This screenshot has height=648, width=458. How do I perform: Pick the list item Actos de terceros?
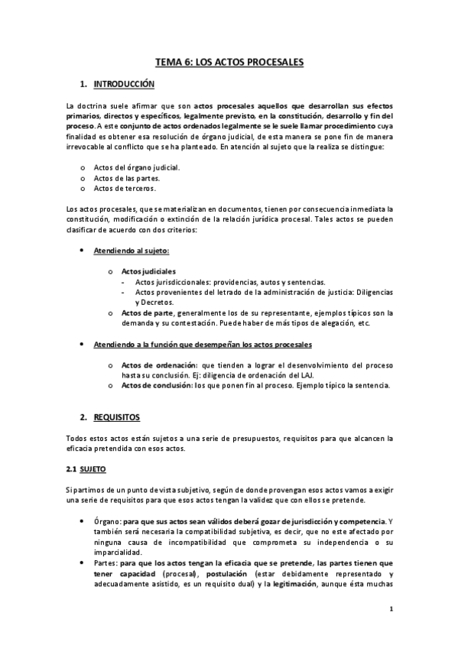click(124, 188)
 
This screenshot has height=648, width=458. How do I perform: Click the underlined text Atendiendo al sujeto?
click(131, 251)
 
